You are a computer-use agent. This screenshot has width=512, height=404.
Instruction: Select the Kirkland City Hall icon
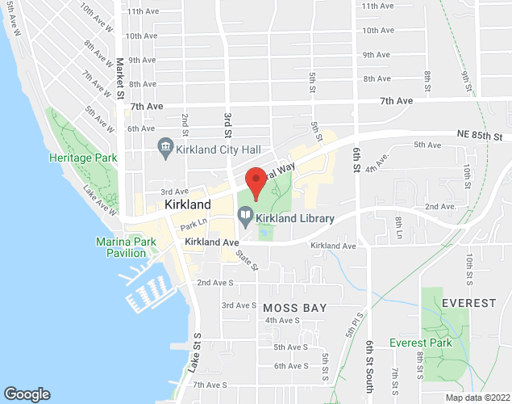tap(165, 145)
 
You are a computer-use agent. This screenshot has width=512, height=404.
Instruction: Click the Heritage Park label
tap(83, 158)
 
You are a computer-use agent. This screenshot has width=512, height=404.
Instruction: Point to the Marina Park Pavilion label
tap(126, 247)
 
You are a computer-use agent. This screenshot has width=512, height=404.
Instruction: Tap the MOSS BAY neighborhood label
tap(294, 308)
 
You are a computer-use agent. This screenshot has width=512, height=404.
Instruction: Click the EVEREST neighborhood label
tap(468, 302)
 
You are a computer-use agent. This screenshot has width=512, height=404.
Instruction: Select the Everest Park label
tap(420, 343)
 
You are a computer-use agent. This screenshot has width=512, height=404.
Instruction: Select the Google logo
tap(27, 393)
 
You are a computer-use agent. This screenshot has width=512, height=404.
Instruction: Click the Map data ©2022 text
tap(477, 398)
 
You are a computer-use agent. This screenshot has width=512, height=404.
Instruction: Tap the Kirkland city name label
tap(187, 205)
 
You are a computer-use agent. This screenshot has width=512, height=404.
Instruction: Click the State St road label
tap(246, 259)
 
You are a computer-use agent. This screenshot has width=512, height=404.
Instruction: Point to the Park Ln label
tap(194, 225)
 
